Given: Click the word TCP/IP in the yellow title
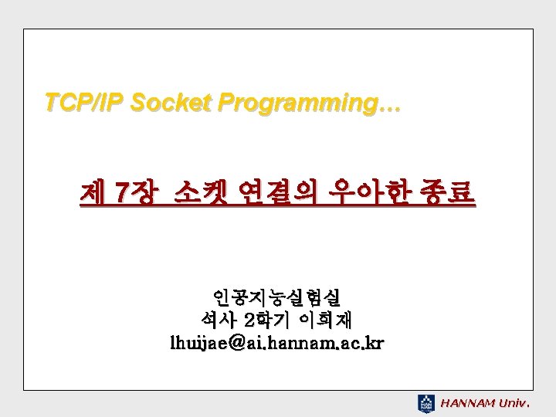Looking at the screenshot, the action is [83, 103].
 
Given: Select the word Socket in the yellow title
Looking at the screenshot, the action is [171, 103].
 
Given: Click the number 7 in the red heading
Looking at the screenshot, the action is [121, 193].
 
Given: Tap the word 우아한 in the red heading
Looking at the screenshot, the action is [369, 193].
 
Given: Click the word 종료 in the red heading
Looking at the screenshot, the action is [447, 193].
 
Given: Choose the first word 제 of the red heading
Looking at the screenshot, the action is [93, 193].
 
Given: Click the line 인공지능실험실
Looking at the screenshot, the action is [277, 298].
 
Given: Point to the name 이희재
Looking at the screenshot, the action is [325, 320].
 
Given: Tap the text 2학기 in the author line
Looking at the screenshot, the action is [267, 320].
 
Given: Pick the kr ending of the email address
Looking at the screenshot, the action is [376, 343].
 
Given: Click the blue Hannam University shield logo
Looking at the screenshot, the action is [425, 404].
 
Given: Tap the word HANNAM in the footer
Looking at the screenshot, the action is [467, 403].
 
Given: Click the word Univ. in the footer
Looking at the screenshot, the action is [514, 403].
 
